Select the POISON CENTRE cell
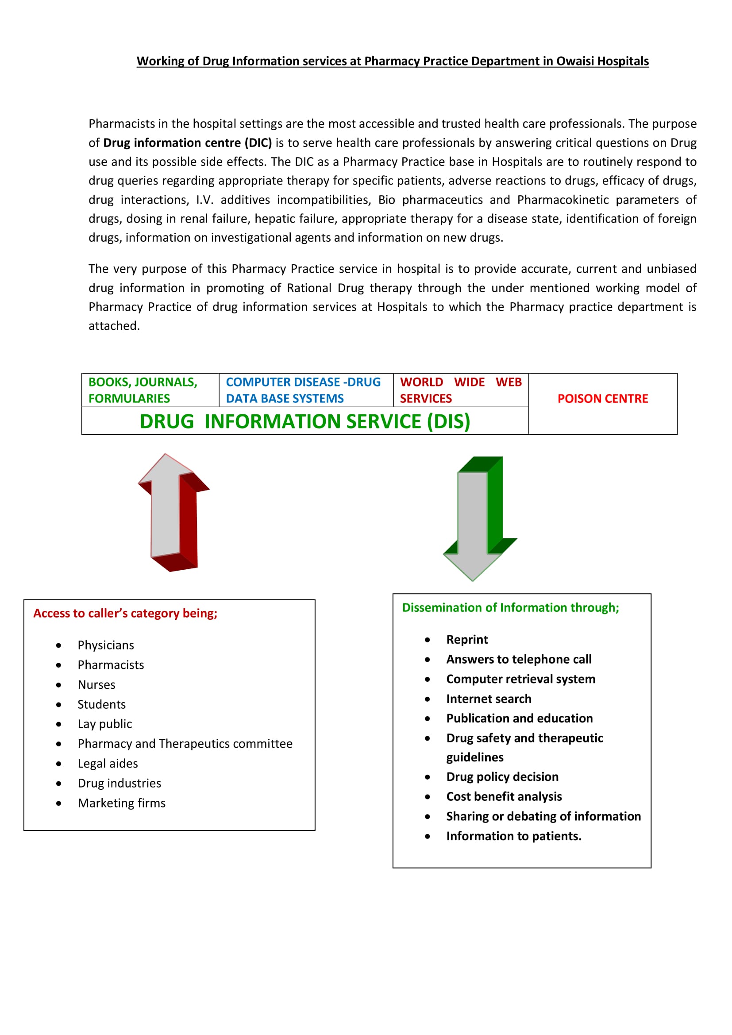[x=603, y=398]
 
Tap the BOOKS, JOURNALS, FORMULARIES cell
[x=143, y=390]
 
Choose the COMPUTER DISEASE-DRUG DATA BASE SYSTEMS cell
[x=303, y=390]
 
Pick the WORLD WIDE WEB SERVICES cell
[x=460, y=390]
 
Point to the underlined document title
[x=393, y=61]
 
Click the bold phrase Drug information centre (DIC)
[x=188, y=143]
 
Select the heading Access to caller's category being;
[x=125, y=613]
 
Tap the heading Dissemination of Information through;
[x=510, y=608]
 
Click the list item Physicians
[x=106, y=645]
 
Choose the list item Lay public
[x=105, y=724]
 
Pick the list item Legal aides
[x=108, y=764]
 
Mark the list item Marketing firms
[x=122, y=803]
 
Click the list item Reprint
[x=467, y=640]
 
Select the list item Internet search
[x=489, y=699]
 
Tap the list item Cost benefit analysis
[x=504, y=796]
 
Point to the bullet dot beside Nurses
[x=58, y=685]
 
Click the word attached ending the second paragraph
[x=114, y=326]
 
